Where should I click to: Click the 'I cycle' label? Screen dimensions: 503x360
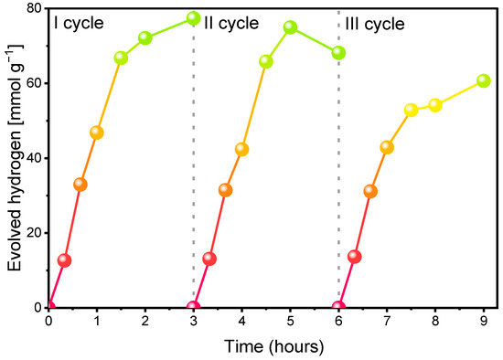pyautogui.click(x=79, y=24)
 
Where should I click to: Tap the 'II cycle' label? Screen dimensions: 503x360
pyautogui.click(x=231, y=24)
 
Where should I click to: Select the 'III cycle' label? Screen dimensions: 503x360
pyautogui.click(x=375, y=24)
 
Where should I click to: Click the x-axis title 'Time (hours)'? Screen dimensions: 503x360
pyautogui.click(x=274, y=347)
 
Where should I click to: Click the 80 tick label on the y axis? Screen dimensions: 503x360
pyautogui.click(x=35, y=9)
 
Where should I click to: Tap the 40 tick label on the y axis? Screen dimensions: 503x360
pyautogui.click(x=35, y=158)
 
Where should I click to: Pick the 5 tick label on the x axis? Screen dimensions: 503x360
pyautogui.click(x=290, y=321)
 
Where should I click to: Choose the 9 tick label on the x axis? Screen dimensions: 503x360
pyautogui.click(x=484, y=321)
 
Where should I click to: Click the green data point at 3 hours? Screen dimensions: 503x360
pyautogui.click(x=194, y=18)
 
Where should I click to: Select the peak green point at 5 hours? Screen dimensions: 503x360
pyautogui.click(x=290, y=27)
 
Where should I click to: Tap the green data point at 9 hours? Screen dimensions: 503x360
pyautogui.click(x=484, y=80)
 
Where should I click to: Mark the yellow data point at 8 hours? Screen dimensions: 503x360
pyautogui.click(x=435, y=105)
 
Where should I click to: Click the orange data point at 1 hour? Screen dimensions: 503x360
pyautogui.click(x=97, y=132)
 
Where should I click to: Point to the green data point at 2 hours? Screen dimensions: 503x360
pyautogui.click(x=145, y=37)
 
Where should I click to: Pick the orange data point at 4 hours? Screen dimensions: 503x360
pyautogui.click(x=241, y=149)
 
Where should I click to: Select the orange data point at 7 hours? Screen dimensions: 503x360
pyautogui.click(x=387, y=147)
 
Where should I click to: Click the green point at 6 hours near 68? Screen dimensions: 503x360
pyautogui.click(x=338, y=53)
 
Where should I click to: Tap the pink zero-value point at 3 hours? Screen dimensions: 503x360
pyautogui.click(x=194, y=306)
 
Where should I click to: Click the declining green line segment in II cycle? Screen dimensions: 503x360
pyautogui.click(x=315, y=40)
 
